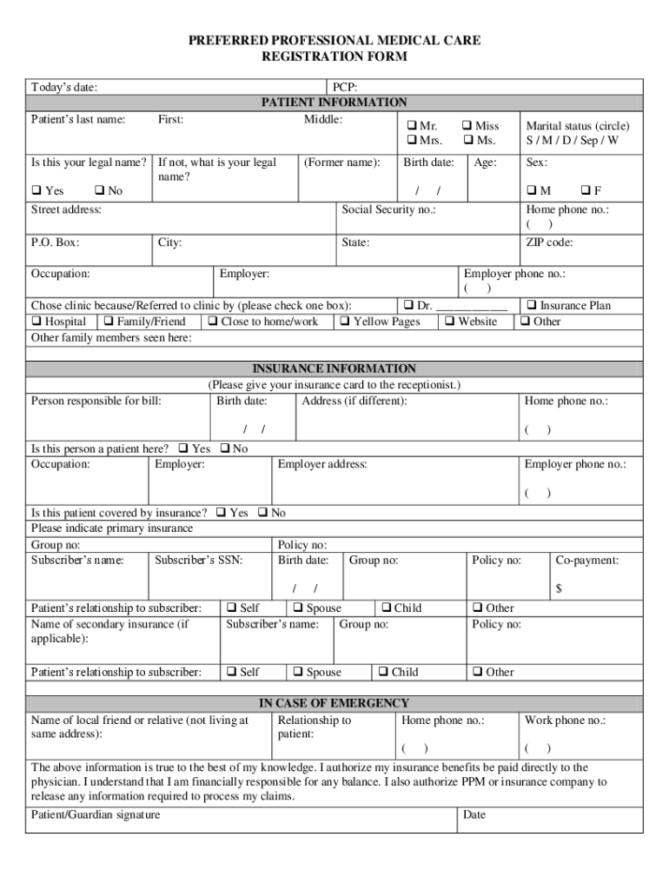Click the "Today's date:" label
click(x=64, y=87)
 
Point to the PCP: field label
click(x=345, y=87)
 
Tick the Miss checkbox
click(x=467, y=126)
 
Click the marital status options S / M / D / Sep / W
click(x=572, y=140)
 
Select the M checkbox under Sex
click(x=531, y=190)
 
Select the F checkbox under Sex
click(x=585, y=190)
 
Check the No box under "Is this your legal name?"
click(x=98, y=190)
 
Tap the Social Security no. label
click(x=388, y=209)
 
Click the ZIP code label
click(x=548, y=242)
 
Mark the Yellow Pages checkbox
click(x=345, y=322)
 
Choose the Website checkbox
click(x=449, y=322)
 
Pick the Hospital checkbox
click(x=36, y=322)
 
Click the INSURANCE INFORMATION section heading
click(x=334, y=369)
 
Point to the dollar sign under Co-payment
click(x=560, y=589)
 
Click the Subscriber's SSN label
click(x=198, y=561)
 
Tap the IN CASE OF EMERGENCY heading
click(x=334, y=702)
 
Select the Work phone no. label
click(x=565, y=721)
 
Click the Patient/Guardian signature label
click(x=96, y=814)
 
